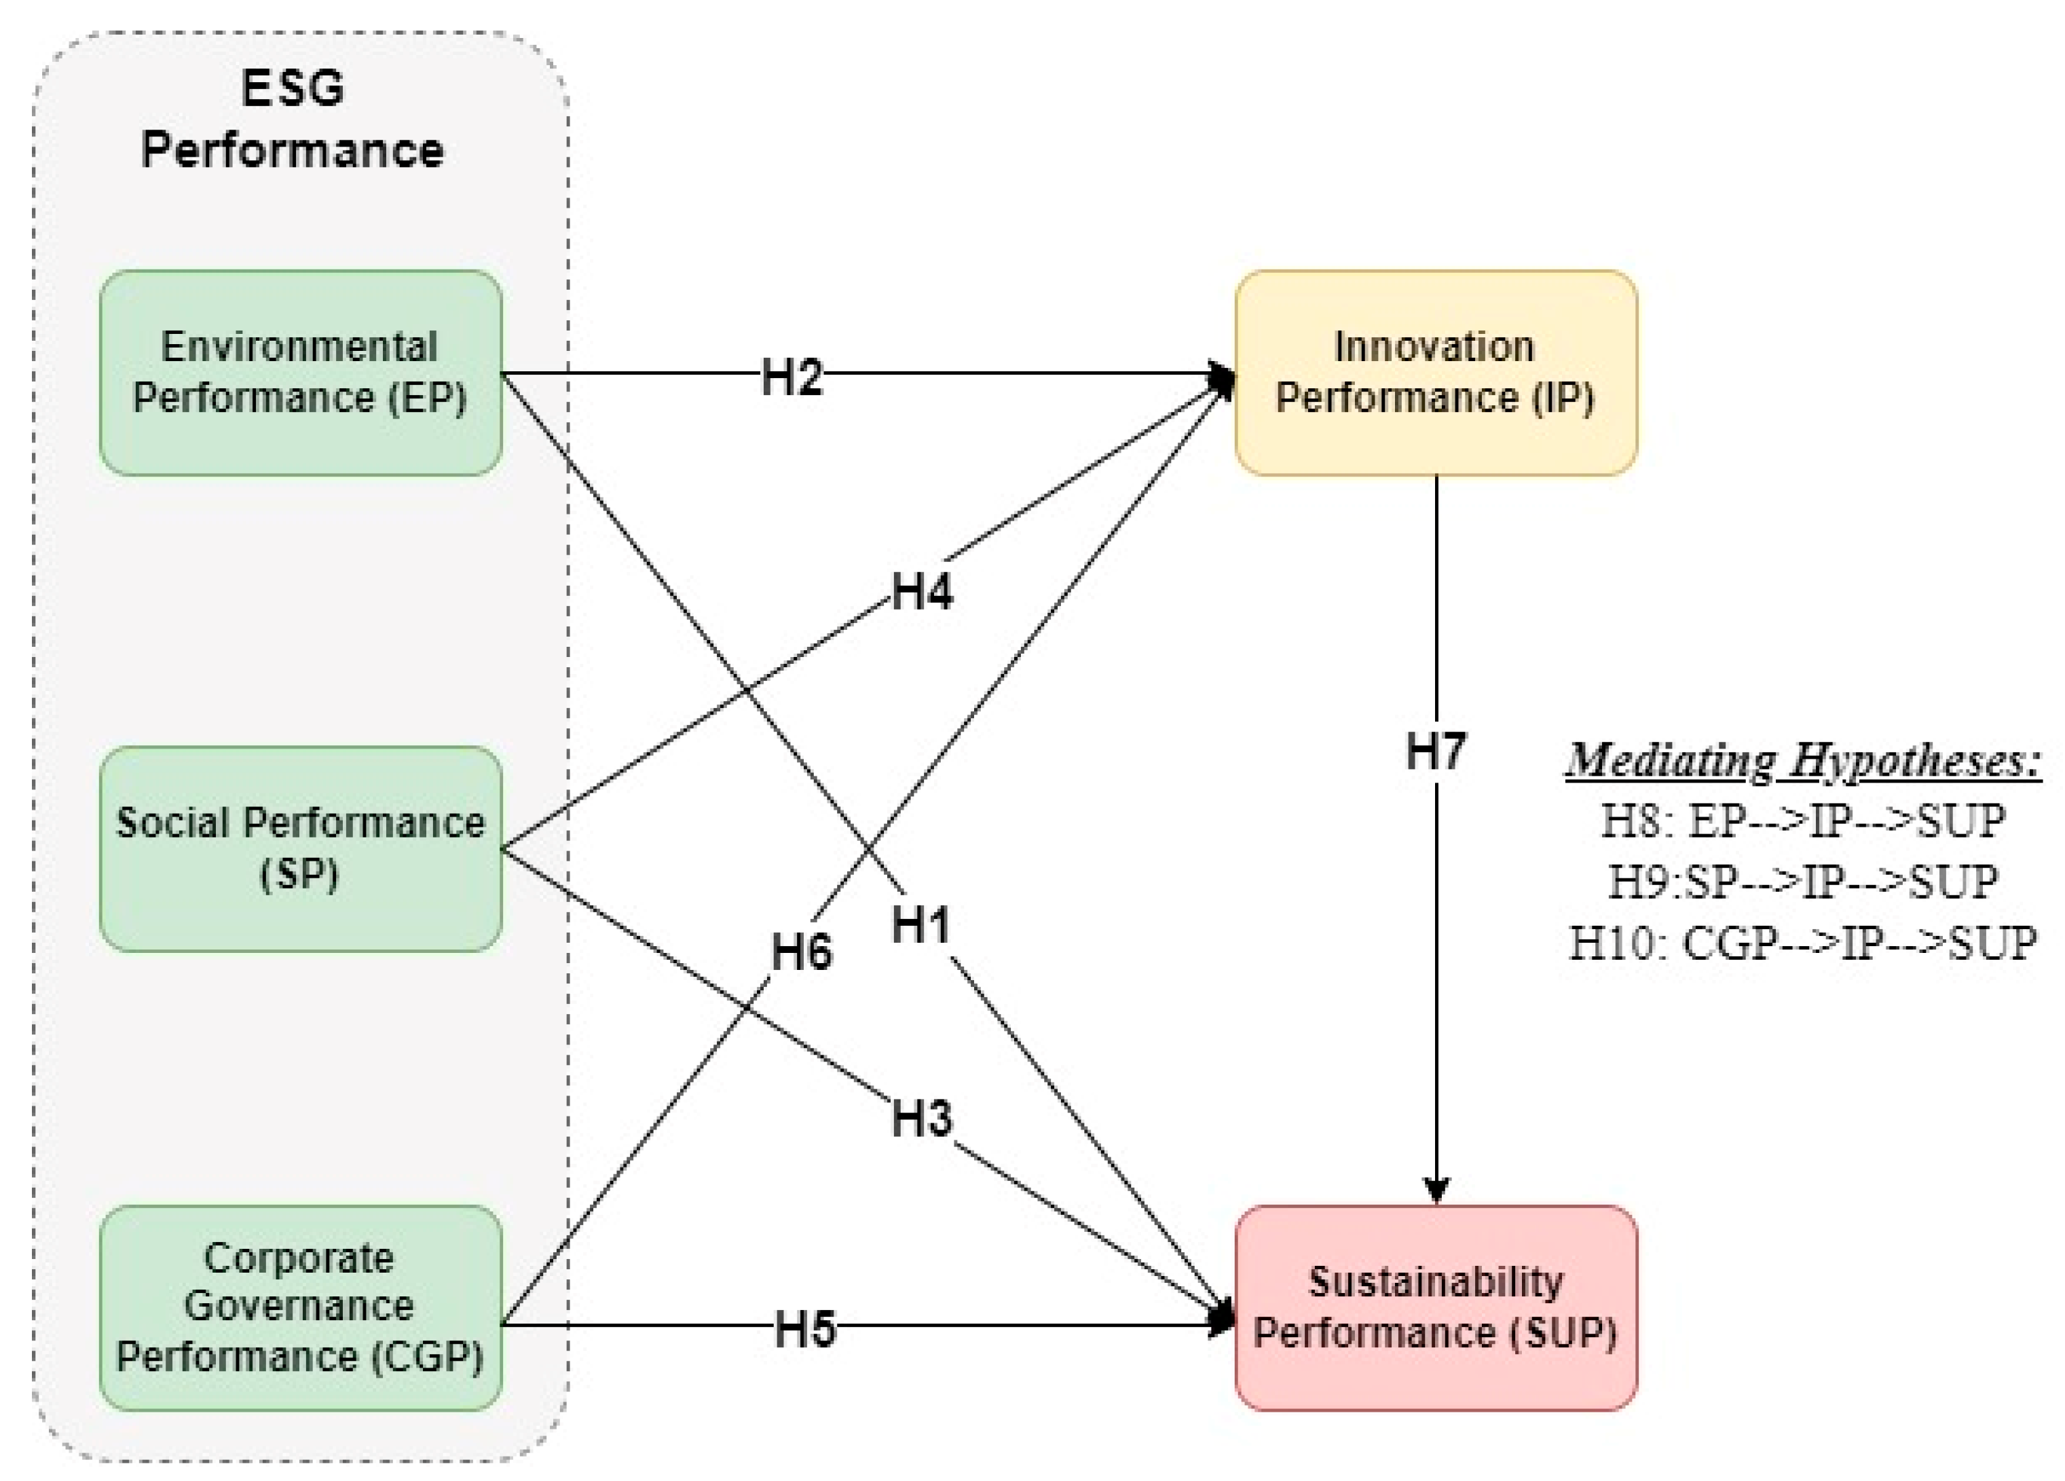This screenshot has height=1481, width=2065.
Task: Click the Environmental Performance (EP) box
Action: pyautogui.click(x=301, y=373)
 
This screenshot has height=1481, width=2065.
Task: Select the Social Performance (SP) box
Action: pyautogui.click(x=301, y=848)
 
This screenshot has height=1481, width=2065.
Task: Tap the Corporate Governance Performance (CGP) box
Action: pyautogui.click(x=301, y=1308)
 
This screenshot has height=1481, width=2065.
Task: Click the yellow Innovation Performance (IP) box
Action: pyautogui.click(x=1435, y=373)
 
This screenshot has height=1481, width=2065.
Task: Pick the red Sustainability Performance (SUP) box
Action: pyautogui.click(x=1435, y=1308)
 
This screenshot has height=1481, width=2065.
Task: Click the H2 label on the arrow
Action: pyautogui.click(x=792, y=376)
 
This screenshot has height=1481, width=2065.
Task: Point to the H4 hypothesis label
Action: pyautogui.click(x=921, y=592)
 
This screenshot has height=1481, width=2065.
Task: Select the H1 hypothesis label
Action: pyautogui.click(x=921, y=926)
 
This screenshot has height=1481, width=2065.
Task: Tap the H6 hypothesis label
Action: pyautogui.click(x=801, y=952)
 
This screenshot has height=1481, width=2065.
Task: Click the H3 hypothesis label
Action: pyautogui.click(x=921, y=1119)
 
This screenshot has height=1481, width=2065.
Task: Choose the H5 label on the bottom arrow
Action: pyautogui.click(x=805, y=1328)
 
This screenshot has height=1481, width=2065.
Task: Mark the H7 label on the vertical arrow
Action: pyautogui.click(x=1436, y=751)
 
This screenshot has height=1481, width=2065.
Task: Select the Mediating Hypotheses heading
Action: pyautogui.click(x=1803, y=760)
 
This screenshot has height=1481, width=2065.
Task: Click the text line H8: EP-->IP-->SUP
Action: pyautogui.click(x=1803, y=821)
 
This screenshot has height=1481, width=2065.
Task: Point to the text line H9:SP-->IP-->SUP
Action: pyautogui.click(x=1803, y=881)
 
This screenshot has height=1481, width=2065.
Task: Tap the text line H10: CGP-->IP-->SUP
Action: pyautogui.click(x=1803, y=942)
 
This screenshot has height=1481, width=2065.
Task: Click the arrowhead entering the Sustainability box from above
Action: pyautogui.click(x=1436, y=1191)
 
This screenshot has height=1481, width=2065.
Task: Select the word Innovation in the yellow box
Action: pyautogui.click(x=1434, y=347)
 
